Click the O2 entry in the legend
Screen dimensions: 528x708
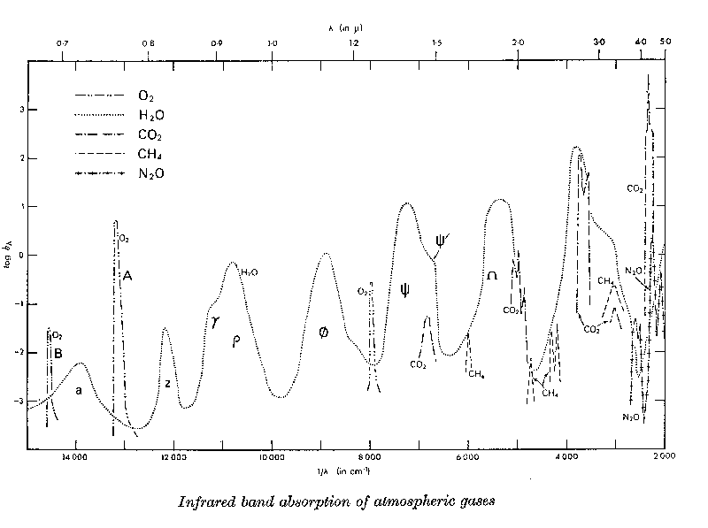click(x=146, y=95)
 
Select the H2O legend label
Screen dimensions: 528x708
click(x=150, y=115)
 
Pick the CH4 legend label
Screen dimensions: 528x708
click(x=150, y=155)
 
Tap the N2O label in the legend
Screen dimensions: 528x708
click(x=150, y=174)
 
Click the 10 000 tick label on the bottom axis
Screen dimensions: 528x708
click(x=272, y=458)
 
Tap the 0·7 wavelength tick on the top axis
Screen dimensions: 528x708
click(x=63, y=42)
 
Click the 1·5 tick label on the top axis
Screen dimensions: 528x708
click(x=436, y=42)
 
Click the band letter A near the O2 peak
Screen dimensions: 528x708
click(x=127, y=276)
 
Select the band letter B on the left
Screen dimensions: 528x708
click(x=58, y=354)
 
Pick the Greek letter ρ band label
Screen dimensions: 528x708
click(x=236, y=342)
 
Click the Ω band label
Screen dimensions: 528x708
click(x=492, y=277)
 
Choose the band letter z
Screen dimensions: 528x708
click(x=167, y=383)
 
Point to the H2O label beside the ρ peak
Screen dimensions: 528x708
click(x=250, y=272)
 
